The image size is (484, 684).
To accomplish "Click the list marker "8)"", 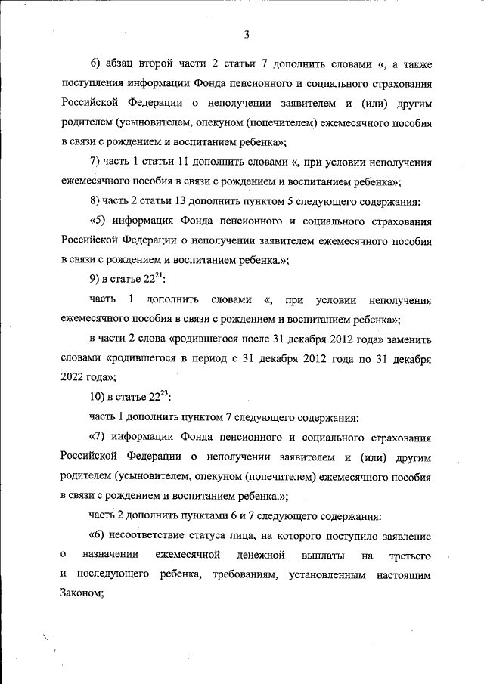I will (x=96, y=201).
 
